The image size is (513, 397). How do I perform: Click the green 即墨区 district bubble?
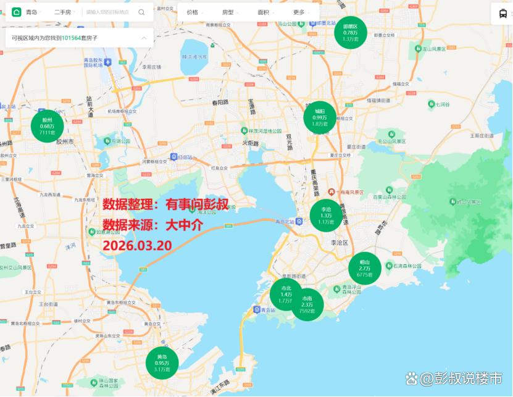(351, 32)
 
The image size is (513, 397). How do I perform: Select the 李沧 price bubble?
(326, 215)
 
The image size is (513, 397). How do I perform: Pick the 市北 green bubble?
(286, 294)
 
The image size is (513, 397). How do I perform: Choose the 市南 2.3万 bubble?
(307, 304)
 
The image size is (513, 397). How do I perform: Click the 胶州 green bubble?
(48, 126)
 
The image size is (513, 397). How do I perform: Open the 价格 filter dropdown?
(194, 12)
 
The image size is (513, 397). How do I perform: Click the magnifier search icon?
(142, 12)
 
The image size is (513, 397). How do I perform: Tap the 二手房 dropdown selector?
(65, 12)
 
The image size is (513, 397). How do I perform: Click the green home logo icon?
(15, 12)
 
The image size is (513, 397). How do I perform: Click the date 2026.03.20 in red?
(137, 245)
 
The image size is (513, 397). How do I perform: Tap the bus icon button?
(501, 12)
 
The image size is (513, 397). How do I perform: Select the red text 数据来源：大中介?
(152, 225)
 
